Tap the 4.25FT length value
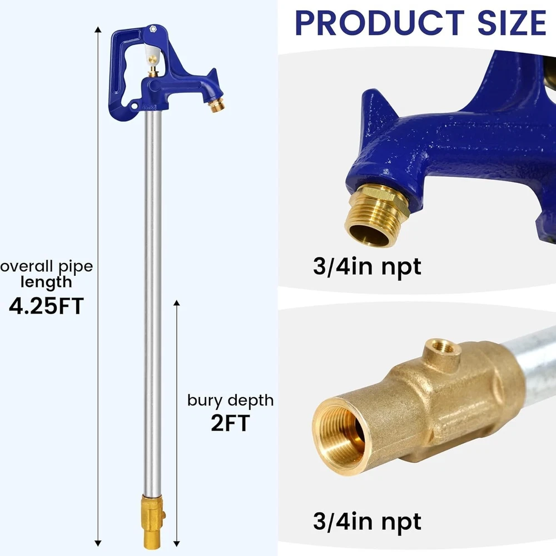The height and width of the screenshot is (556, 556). pos(46,306)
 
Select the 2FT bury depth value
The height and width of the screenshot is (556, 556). pos(230,423)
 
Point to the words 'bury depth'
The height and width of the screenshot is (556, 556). pos(231,401)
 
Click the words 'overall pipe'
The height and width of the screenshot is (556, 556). pos(47,267)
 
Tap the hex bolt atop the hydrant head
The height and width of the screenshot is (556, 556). pos(153,29)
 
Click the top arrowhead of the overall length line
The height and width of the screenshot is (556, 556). pos(98,29)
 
